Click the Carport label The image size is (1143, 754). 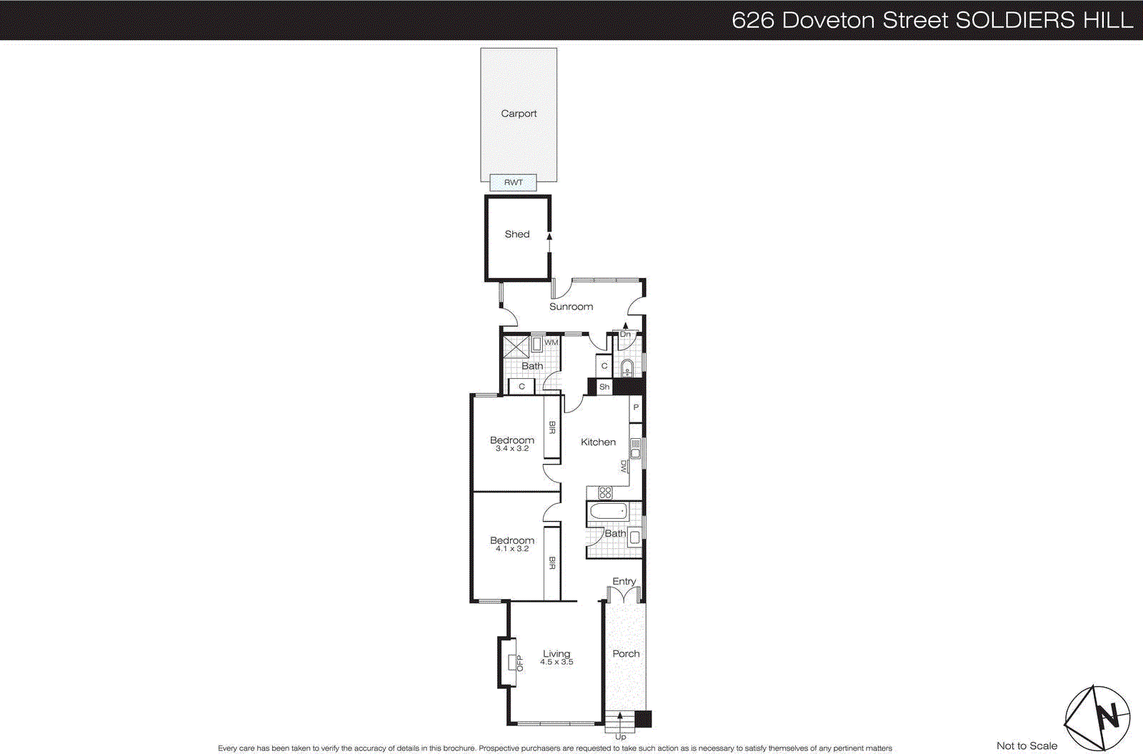pyautogui.click(x=519, y=114)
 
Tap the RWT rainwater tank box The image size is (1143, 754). pyautogui.click(x=513, y=182)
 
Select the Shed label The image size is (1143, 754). pyautogui.click(x=517, y=234)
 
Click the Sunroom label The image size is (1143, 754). pyautogui.click(x=571, y=307)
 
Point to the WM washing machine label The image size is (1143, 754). pyautogui.click(x=551, y=342)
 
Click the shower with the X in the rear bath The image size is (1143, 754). pyautogui.click(x=516, y=346)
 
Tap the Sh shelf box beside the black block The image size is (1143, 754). pyautogui.click(x=604, y=387)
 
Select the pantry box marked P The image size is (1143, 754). pyautogui.click(x=636, y=407)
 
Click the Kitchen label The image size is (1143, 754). pyautogui.click(x=598, y=442)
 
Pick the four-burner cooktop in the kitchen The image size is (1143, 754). pyautogui.click(x=605, y=492)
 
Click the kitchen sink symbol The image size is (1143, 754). pyautogui.click(x=635, y=449)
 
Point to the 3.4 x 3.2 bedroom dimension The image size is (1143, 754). pyautogui.click(x=512, y=449)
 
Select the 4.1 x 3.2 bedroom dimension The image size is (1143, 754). pyautogui.click(x=512, y=549)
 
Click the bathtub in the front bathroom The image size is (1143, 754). pyautogui.click(x=607, y=511)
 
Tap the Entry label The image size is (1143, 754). pyautogui.click(x=624, y=582)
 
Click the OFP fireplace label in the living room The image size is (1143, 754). pyautogui.click(x=519, y=663)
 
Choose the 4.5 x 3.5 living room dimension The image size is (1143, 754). pyautogui.click(x=556, y=663)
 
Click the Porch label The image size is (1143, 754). pyautogui.click(x=626, y=654)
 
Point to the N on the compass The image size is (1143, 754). pyautogui.click(x=1108, y=715)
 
